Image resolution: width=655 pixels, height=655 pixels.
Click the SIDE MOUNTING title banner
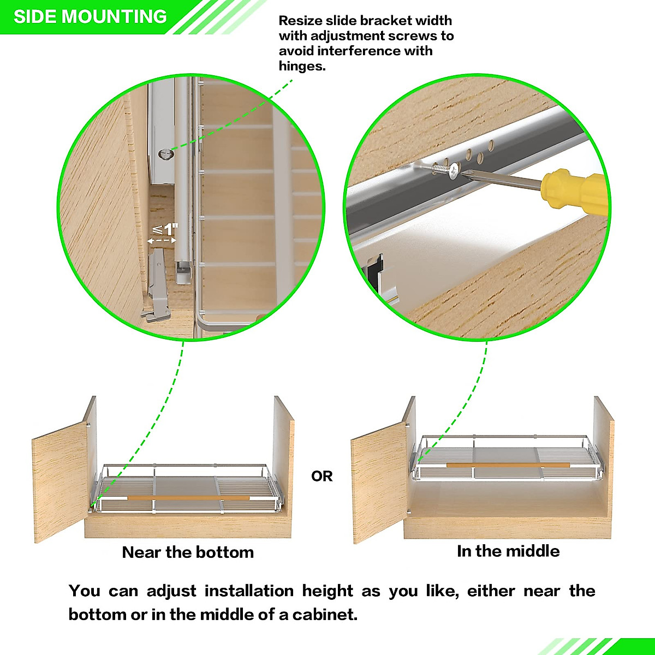90,16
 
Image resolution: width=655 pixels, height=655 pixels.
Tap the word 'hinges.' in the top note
302,67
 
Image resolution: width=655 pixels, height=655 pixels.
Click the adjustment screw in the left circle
164,155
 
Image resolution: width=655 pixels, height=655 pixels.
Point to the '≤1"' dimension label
165,229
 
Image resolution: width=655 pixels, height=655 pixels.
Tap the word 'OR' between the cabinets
321,477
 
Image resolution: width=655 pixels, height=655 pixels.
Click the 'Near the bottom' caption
188,552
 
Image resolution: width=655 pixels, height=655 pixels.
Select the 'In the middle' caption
508,551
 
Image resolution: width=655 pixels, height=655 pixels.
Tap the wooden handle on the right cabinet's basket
508,465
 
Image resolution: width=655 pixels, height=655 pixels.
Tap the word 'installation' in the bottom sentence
248,591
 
